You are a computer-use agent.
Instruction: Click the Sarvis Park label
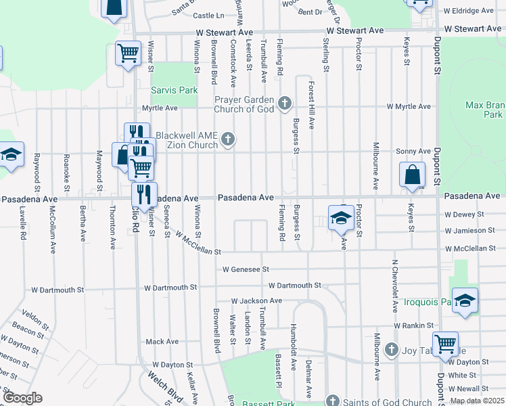click(x=175, y=90)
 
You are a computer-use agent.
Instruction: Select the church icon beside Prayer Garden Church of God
click(x=285, y=104)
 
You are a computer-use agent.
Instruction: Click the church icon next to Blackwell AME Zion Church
click(x=229, y=140)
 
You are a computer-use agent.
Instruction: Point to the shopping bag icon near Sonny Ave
click(x=412, y=175)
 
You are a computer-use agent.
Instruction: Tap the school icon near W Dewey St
click(x=340, y=217)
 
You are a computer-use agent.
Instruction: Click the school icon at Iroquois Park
click(x=465, y=300)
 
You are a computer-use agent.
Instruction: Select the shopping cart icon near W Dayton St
click(x=445, y=344)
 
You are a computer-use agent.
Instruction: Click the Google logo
click(x=22, y=397)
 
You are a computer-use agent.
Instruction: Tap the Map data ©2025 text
click(x=477, y=401)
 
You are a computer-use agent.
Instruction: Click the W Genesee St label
click(x=246, y=269)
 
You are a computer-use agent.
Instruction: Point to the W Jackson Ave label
click(x=256, y=300)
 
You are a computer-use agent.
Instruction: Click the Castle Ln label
click(x=208, y=15)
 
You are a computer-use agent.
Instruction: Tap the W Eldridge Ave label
click(x=469, y=11)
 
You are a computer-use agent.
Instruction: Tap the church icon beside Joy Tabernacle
click(x=390, y=350)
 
